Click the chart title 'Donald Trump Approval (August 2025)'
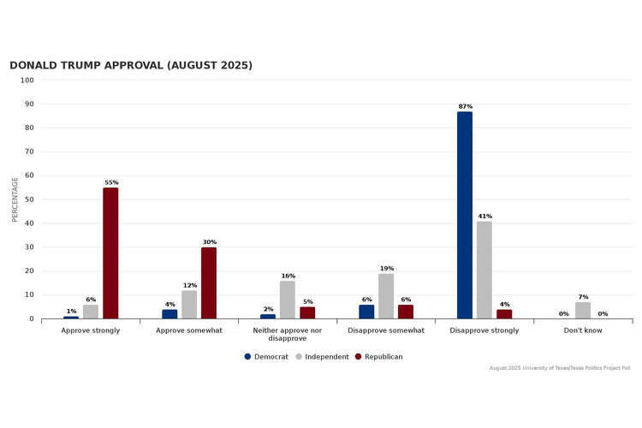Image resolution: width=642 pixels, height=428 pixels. click(x=131, y=66)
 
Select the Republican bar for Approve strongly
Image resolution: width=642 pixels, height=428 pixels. click(x=110, y=253)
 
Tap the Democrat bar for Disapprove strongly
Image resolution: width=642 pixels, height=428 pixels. click(x=464, y=216)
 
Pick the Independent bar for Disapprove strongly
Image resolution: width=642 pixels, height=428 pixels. click(x=484, y=270)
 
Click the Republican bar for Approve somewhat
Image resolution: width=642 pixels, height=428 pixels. click(x=209, y=283)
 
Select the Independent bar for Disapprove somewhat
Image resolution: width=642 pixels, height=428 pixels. click(x=386, y=296)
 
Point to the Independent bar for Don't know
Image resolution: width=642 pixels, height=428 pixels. click(x=583, y=311)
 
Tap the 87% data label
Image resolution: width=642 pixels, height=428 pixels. click(x=465, y=106)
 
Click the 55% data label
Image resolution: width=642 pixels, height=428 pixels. click(x=111, y=182)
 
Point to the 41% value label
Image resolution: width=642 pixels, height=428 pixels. click(x=484, y=216)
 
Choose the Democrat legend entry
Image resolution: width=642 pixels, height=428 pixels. click(x=266, y=356)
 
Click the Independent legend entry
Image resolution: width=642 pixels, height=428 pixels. click(x=323, y=356)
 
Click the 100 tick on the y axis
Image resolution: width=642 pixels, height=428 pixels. click(x=27, y=80)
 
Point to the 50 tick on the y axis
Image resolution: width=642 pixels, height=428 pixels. click(x=28, y=199)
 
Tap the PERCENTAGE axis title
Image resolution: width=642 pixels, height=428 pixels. click(x=15, y=199)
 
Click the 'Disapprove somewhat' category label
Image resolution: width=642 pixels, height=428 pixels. click(x=386, y=330)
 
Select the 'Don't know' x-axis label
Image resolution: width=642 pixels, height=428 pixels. click(x=583, y=330)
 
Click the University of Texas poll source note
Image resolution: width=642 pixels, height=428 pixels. click(x=560, y=368)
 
